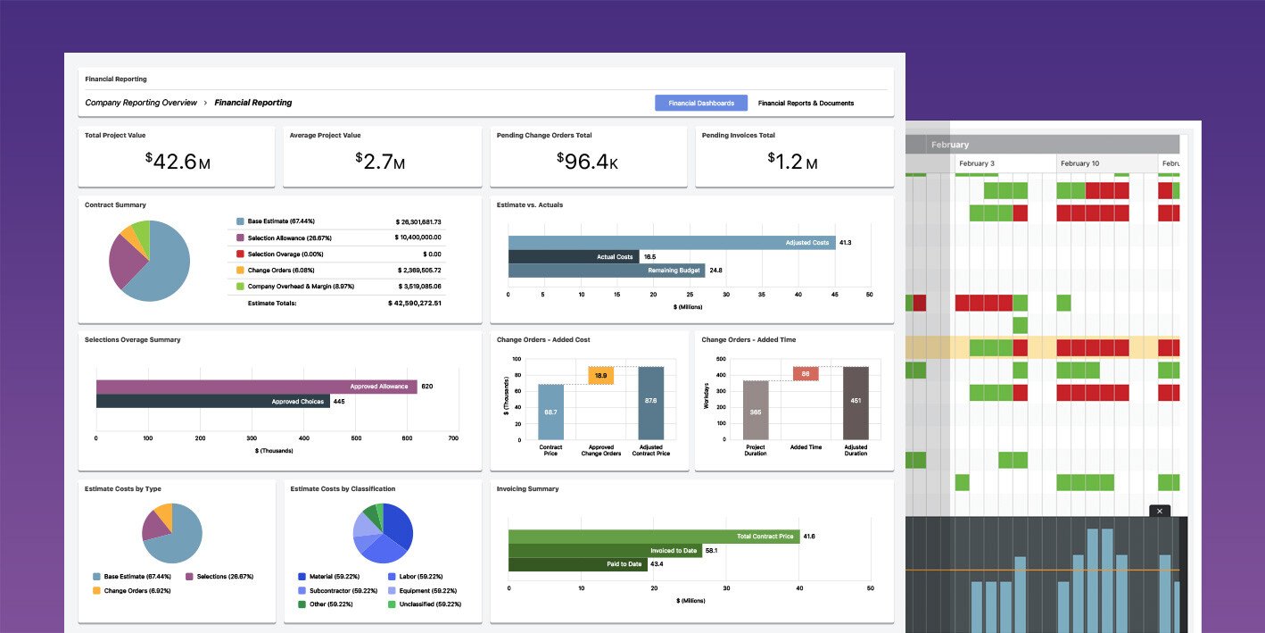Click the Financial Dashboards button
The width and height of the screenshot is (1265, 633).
701,103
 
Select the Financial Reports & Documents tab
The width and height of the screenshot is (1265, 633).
806,103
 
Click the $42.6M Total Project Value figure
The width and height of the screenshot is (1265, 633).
178,162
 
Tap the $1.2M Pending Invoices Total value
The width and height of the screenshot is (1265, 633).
793,162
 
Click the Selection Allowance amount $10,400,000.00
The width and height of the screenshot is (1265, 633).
418,237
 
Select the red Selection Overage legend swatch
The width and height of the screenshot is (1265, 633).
240,254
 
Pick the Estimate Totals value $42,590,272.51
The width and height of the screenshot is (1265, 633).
415,304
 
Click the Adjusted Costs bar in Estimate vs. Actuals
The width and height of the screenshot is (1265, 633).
671,243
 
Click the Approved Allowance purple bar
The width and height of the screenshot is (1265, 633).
256,387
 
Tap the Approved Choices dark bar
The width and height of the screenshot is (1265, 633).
212,402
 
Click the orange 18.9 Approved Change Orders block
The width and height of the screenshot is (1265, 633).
600,376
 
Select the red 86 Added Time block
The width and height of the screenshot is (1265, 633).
806,374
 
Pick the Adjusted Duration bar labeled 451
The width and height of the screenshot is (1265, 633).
856,402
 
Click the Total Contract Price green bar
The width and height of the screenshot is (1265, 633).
653,537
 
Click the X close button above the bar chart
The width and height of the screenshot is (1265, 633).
1159,511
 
